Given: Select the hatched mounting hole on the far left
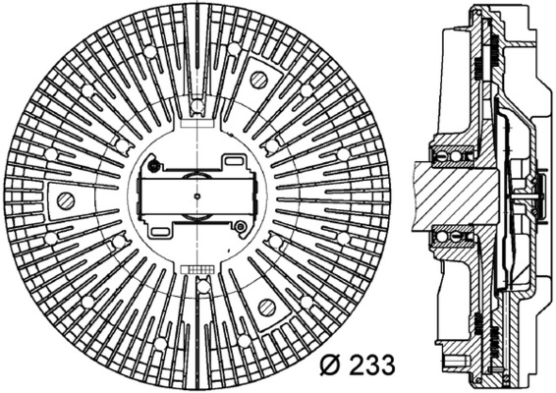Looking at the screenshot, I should click(x=67, y=201).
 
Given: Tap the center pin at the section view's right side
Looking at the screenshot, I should click(x=535, y=196).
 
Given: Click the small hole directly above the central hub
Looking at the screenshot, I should click(x=196, y=105).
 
